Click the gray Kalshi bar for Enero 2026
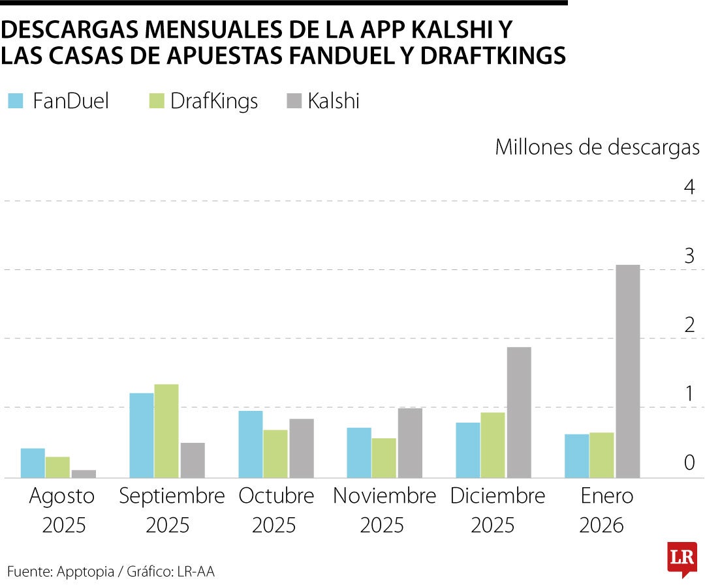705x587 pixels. [627, 371]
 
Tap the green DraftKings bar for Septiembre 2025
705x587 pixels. [166, 431]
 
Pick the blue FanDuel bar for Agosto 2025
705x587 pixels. [33, 463]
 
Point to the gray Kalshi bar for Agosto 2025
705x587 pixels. [84, 474]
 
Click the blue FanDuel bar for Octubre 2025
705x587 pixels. [251, 444]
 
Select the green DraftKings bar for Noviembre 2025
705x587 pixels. [384, 458]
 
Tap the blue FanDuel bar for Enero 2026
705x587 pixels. [576, 456]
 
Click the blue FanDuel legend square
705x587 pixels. [16, 101]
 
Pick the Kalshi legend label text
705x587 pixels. [334, 101]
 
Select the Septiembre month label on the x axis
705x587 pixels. [171, 496]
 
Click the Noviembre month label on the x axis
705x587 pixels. [384, 496]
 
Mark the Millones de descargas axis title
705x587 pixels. [597, 147]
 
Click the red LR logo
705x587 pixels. [681, 558]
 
